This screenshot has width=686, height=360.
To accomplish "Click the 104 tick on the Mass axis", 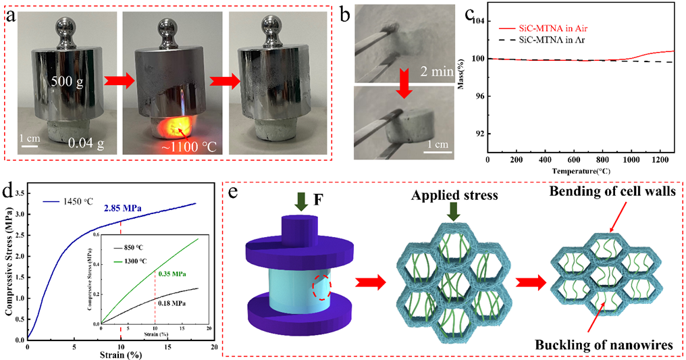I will click(x=477, y=21).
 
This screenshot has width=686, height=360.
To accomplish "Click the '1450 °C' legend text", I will click(x=80, y=200).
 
